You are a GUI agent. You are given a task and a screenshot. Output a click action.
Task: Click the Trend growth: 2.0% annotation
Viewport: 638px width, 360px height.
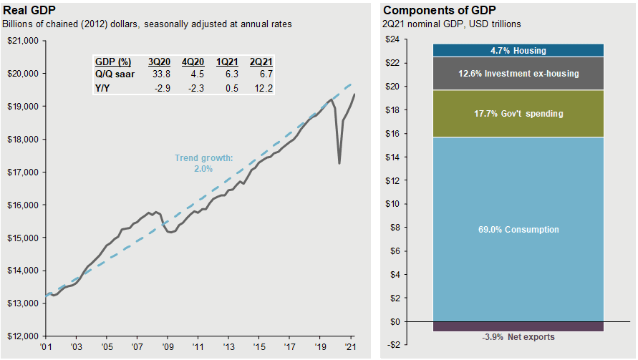[x=204, y=163]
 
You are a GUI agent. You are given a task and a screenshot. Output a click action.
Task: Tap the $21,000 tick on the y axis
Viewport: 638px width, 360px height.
[x=24, y=41]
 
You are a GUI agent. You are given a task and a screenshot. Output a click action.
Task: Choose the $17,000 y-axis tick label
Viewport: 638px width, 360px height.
[x=24, y=172]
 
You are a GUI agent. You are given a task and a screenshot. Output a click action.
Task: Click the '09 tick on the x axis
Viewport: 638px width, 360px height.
[x=167, y=346]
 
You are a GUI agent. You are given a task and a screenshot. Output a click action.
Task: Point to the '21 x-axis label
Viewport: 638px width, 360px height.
[x=351, y=346]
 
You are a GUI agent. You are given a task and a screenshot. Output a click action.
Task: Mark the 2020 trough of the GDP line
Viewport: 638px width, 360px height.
[x=339, y=164]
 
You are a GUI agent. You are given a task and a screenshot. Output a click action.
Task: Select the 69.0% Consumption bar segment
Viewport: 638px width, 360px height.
[x=518, y=230]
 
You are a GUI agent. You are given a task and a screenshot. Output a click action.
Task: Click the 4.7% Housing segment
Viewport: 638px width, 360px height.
[x=518, y=51]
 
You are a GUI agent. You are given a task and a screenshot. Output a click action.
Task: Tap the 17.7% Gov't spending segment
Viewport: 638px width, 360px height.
[x=518, y=114]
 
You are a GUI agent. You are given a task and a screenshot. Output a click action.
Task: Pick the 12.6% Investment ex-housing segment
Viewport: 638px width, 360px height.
[x=518, y=74]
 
